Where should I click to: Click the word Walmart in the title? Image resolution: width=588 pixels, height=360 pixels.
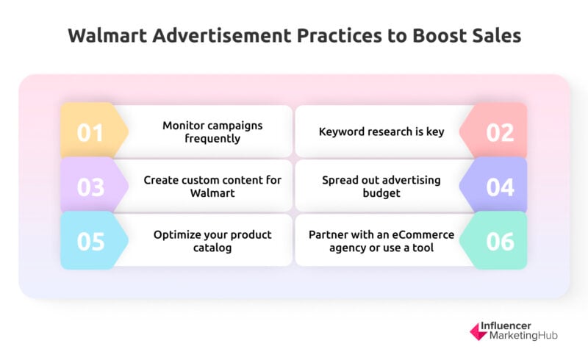pos(107,35)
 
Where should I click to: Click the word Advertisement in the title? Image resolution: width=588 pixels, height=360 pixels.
pos(222,35)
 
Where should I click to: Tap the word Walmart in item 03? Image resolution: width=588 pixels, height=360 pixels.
pos(212,192)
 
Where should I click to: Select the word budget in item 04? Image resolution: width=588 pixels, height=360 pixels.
pos(381,193)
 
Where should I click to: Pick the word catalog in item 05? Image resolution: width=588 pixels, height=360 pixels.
pos(212,248)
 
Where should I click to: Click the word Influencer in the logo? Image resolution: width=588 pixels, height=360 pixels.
pos(506,326)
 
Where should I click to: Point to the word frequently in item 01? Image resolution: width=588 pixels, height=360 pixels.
pos(212,138)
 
